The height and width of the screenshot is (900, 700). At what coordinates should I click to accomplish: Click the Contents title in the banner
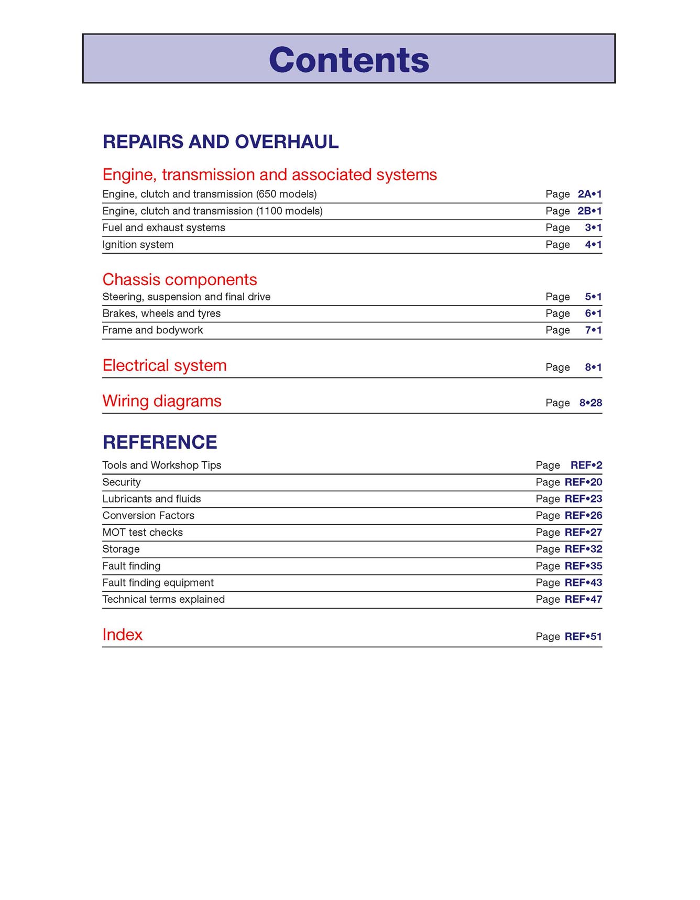(x=349, y=60)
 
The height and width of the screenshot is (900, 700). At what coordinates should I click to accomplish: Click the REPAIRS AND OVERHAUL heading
(x=221, y=142)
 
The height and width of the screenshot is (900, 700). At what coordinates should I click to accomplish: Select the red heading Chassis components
(x=180, y=279)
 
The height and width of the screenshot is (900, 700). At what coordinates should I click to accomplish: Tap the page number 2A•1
(x=589, y=194)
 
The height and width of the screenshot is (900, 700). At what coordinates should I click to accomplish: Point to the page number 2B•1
(x=589, y=211)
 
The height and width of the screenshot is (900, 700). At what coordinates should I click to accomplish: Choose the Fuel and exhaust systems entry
(x=163, y=227)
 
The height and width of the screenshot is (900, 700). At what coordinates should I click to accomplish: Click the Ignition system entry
(x=138, y=244)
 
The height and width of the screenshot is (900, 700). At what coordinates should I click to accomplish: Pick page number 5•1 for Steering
(x=593, y=297)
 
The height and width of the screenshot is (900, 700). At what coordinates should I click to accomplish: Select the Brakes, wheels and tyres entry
(x=161, y=313)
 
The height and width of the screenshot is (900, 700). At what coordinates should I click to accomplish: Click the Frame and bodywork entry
(x=152, y=330)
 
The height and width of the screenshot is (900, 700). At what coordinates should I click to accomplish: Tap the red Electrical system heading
(x=165, y=365)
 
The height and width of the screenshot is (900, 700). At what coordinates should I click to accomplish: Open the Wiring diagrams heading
(x=162, y=401)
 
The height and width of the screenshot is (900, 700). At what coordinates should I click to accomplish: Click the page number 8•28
(x=590, y=403)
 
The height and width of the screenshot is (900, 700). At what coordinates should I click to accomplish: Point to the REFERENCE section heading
(x=160, y=442)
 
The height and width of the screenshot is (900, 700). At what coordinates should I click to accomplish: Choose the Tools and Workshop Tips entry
(x=162, y=465)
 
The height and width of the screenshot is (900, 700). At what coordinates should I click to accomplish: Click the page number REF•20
(x=583, y=482)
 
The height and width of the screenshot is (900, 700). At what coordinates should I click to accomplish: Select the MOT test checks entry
(x=143, y=533)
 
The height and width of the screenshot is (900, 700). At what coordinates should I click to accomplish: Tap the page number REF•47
(x=583, y=599)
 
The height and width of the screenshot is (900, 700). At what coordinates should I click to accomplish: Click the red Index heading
(x=122, y=635)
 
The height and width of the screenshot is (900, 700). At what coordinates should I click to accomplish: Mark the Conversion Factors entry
(x=148, y=516)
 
